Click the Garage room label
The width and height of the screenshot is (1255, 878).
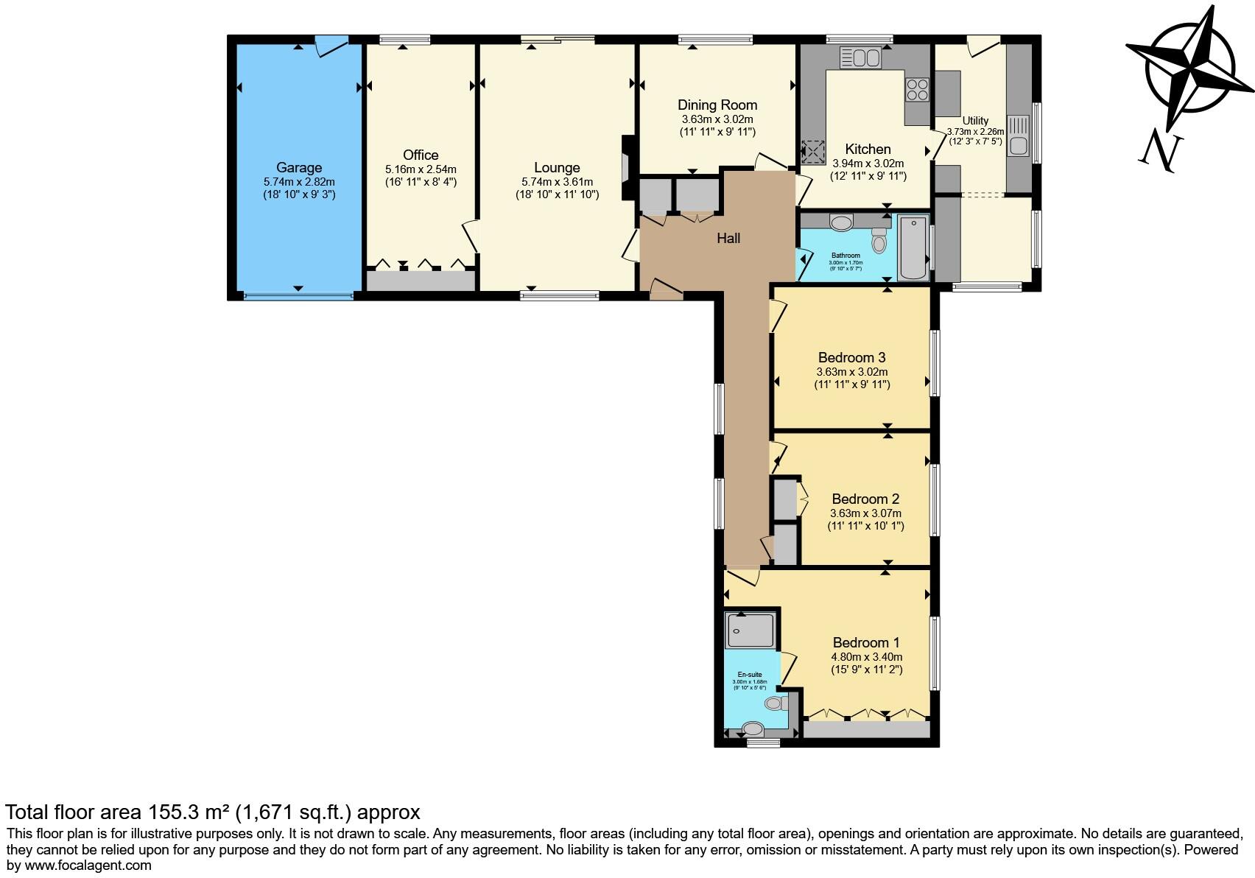pyautogui.click(x=299, y=168)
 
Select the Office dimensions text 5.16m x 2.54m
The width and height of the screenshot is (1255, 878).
pyautogui.click(x=421, y=169)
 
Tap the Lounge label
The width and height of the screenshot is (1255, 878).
pyautogui.click(x=557, y=168)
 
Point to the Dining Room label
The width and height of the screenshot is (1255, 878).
pyautogui.click(x=717, y=105)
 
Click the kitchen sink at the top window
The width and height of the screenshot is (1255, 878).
pyautogui.click(x=860, y=57)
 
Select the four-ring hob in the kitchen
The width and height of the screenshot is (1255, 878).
pyautogui.click(x=917, y=90)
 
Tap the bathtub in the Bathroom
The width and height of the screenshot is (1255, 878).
pyautogui.click(x=913, y=247)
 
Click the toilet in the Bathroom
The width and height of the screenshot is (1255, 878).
pyautogui.click(x=879, y=240)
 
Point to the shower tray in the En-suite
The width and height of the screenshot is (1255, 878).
pyautogui.click(x=750, y=631)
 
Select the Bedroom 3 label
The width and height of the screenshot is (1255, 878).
pyautogui.click(x=851, y=358)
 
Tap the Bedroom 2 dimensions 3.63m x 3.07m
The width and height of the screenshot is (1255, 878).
pyautogui.click(x=865, y=513)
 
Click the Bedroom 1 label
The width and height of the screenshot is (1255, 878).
pyautogui.click(x=866, y=642)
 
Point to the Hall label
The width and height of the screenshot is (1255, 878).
pyautogui.click(x=728, y=238)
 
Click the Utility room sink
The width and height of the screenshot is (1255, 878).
pyautogui.click(x=1019, y=137)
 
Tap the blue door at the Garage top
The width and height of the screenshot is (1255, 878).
pyautogui.click(x=330, y=46)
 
